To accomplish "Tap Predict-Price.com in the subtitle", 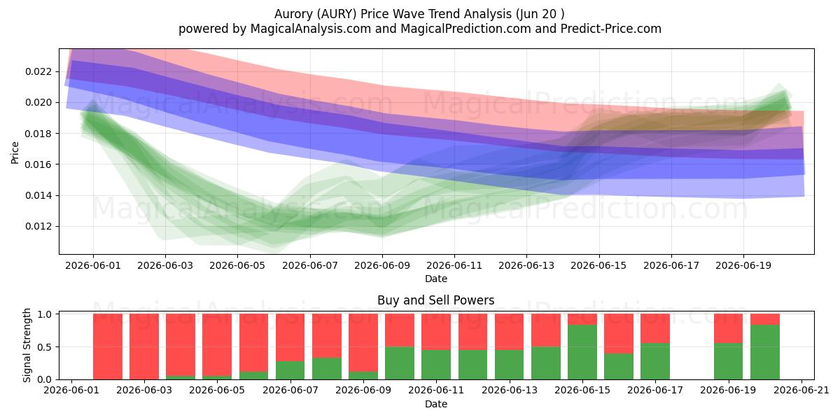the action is coord(611,29).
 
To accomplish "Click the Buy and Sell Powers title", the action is coord(435,300).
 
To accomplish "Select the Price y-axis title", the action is coord(15,153).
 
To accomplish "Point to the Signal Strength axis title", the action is coord(27,345).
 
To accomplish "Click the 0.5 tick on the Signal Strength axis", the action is coord(45,347).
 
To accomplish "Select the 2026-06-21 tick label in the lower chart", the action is coord(801,391).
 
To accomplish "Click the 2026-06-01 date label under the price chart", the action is coord(93,265).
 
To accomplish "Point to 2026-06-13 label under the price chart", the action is coord(526,265).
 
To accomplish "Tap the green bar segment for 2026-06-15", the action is coord(582,352).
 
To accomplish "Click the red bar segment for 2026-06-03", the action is coord(144,346).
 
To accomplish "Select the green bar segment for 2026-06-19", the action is coord(728,361).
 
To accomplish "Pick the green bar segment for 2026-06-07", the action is coord(290,370).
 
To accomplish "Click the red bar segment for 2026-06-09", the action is coord(363,343).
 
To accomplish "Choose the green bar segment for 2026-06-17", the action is coord(655,361).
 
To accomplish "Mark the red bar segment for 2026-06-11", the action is coord(436,332).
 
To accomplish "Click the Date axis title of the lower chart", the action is coord(435,404).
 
